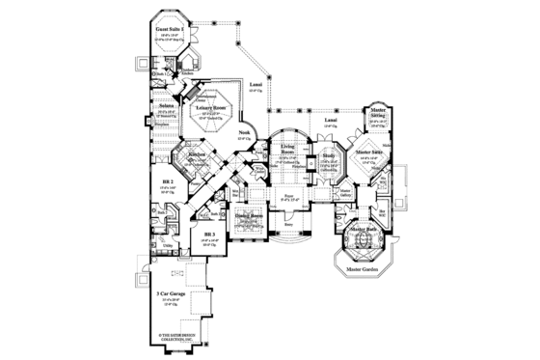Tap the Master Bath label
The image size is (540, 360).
point(365,229)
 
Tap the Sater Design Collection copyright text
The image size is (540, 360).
point(175,337)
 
